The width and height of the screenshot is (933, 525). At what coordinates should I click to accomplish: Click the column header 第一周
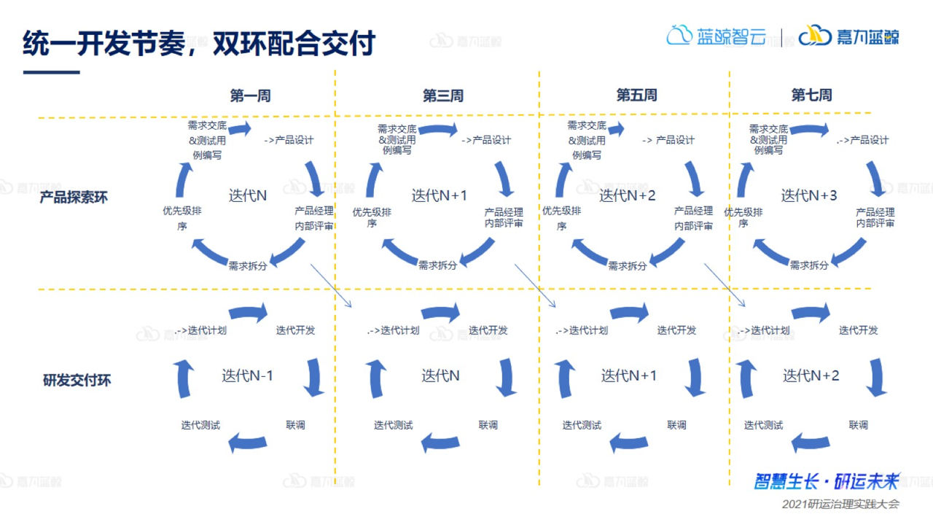pos(250,96)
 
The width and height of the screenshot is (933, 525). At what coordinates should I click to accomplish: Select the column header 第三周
pos(442,96)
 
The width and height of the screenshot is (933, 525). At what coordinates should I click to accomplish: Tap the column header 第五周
pos(636,96)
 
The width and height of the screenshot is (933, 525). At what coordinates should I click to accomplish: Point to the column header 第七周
pos(811,96)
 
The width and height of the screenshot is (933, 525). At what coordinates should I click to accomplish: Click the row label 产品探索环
pos(74,198)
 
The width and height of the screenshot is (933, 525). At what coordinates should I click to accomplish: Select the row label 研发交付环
pos(77,380)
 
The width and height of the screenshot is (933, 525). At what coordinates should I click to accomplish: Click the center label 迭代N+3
pos(809,195)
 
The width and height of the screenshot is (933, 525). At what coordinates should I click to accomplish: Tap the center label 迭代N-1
pos(248,376)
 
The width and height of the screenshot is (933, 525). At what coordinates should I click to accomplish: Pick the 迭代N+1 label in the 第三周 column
pos(440,195)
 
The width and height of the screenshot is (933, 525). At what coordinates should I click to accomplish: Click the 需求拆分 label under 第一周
pos(248,265)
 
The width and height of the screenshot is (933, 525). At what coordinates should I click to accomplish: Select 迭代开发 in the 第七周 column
pos(858,330)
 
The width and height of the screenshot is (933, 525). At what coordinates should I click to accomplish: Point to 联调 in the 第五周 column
pos(676,425)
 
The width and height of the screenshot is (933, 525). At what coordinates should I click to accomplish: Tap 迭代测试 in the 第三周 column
pos(394,425)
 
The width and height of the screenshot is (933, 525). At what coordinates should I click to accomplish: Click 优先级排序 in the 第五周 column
pos(561,218)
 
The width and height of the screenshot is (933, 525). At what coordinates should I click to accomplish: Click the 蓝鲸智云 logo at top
pos(717,36)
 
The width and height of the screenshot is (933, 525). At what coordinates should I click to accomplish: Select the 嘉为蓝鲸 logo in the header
pos(849,36)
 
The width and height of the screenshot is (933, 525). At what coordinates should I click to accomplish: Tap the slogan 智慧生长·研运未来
pos(827,481)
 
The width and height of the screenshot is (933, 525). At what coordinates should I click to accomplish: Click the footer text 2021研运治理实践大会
pos(840,504)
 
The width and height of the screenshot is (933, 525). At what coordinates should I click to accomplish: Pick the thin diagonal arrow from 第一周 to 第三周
pos(331,285)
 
